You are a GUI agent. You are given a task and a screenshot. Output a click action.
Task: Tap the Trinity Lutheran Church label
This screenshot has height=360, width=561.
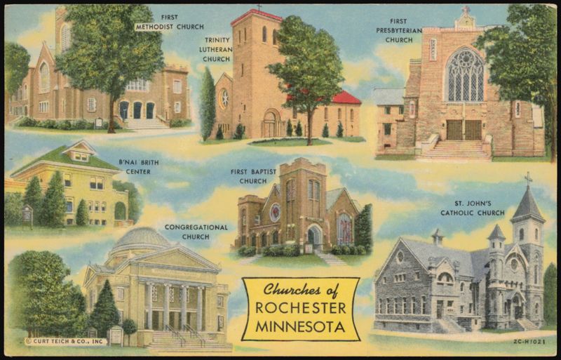[217, 50]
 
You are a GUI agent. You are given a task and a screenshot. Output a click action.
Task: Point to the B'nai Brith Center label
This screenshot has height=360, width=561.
[138, 166]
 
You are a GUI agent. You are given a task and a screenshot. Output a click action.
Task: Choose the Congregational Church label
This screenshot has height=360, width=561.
[196, 232]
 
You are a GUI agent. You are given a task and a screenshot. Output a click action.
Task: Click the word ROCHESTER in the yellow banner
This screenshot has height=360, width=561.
[299, 309]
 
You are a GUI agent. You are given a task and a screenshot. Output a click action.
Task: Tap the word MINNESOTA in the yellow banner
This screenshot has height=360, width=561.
[299, 326]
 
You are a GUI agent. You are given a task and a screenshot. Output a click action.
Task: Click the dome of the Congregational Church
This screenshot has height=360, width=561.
[144, 239]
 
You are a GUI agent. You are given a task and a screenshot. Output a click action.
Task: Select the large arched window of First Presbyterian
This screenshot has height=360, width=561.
[465, 75]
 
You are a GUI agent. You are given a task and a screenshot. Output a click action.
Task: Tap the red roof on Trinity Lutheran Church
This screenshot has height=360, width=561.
[345, 97]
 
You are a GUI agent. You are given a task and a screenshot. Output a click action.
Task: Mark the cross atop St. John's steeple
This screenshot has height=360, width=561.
[527, 179]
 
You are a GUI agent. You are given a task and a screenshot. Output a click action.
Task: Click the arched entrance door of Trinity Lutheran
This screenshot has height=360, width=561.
[270, 125]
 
